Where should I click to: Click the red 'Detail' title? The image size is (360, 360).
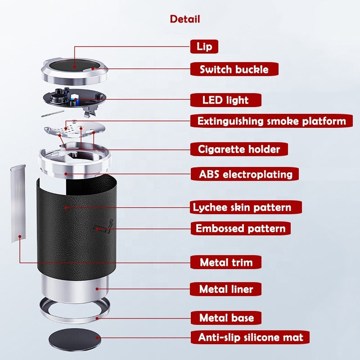click(x=185, y=19)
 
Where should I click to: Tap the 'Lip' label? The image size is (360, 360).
click(x=204, y=47)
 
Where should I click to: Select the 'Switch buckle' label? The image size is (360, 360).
click(x=234, y=69)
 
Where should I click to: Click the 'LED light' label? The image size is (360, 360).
click(x=226, y=100)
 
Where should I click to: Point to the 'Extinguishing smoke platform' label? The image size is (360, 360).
click(x=271, y=121)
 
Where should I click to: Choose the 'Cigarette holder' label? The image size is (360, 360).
click(x=239, y=149)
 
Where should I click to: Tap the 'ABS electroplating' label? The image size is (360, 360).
click(x=245, y=174)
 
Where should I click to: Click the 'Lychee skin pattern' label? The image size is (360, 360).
click(x=246, y=207)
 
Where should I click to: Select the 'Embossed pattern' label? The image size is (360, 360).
click(x=241, y=229)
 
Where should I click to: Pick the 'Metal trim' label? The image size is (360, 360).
click(x=226, y=262)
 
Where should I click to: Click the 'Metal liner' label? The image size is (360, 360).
click(x=226, y=289)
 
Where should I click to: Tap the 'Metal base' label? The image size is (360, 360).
click(x=226, y=318)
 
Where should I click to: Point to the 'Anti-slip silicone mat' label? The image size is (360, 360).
click(x=250, y=337)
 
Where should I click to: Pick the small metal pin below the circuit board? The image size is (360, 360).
click(x=53, y=114)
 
